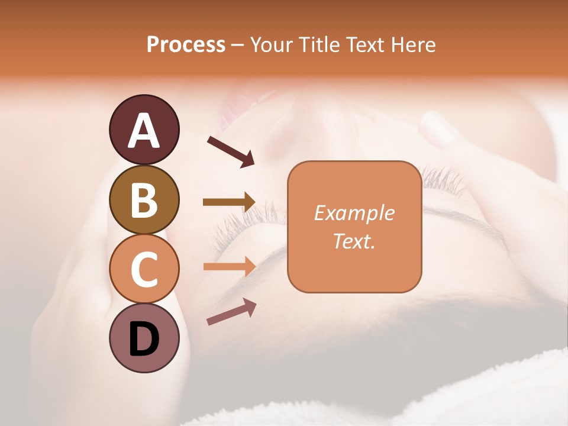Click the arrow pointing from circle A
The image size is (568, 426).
coord(231,150)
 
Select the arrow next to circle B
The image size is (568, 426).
coord(229,202)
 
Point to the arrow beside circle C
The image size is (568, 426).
coord(229,266)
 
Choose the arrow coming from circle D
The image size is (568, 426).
coord(231,312)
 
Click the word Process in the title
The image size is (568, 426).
coord(186,45)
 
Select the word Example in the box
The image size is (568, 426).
coord(354,213)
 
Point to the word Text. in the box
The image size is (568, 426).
coord(354,241)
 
